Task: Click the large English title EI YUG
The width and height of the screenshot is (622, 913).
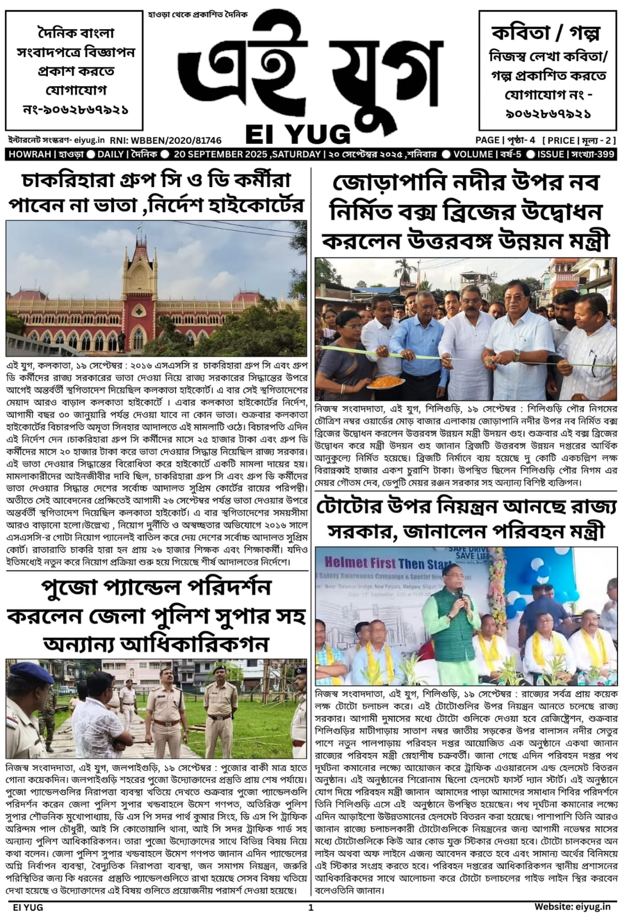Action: click(x=298, y=134)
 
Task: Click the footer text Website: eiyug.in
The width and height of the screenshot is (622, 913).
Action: click(x=572, y=906)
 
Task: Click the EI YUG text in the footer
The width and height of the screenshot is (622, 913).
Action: click(x=27, y=906)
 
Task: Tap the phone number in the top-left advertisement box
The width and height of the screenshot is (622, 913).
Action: click(x=75, y=108)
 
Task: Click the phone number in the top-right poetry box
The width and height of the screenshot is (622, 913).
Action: click(x=548, y=114)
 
